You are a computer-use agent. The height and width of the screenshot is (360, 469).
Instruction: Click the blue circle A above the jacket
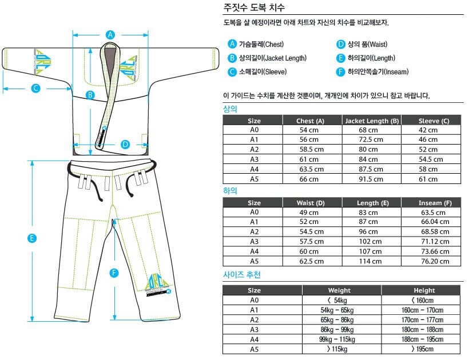click(x=110, y=34)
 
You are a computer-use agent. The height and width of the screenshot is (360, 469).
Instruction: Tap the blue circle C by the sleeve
click(x=35, y=88)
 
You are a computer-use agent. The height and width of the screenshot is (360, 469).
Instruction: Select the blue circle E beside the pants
click(x=33, y=238)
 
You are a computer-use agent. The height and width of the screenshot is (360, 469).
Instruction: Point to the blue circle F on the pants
click(x=115, y=273)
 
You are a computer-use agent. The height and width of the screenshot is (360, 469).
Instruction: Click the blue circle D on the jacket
click(x=125, y=144)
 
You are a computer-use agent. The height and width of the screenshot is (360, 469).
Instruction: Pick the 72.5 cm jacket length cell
click(x=371, y=139)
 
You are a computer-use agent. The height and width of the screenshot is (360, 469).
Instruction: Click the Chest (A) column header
click(x=311, y=121)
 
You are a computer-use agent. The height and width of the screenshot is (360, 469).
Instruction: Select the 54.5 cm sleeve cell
click(x=430, y=159)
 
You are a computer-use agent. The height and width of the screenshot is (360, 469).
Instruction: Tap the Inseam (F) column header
click(x=430, y=203)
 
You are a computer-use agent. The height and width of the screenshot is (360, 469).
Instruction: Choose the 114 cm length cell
click(x=371, y=261)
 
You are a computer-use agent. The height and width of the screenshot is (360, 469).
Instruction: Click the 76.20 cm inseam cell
click(x=430, y=261)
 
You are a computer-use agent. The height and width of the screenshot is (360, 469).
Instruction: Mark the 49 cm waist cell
click(x=311, y=213)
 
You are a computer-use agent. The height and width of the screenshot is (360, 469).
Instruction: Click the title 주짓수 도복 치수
click(x=253, y=8)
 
